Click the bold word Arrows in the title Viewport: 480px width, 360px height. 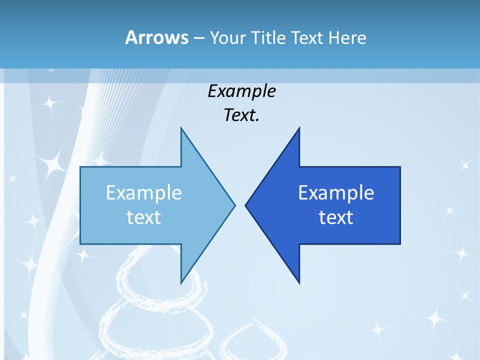click(156, 37)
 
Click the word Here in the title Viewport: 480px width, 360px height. click(347, 37)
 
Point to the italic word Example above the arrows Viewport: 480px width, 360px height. click(242, 91)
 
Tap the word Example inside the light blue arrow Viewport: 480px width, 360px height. click(144, 193)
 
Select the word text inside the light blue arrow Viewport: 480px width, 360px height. click(144, 217)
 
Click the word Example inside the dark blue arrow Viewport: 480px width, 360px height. click(336, 193)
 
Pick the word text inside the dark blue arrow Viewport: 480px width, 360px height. click(336, 217)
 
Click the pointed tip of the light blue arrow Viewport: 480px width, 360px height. click(234, 204)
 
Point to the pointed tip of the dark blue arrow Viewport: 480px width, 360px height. click(245, 204)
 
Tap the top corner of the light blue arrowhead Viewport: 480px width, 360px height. click(181, 128)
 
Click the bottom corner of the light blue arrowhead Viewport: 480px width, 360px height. click(181, 283)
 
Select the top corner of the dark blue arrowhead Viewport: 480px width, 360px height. click(299, 128)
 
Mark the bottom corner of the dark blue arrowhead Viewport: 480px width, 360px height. click(299, 283)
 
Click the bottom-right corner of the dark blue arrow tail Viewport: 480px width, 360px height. click(400, 244)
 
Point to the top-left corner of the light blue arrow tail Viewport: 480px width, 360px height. click(80, 167)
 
